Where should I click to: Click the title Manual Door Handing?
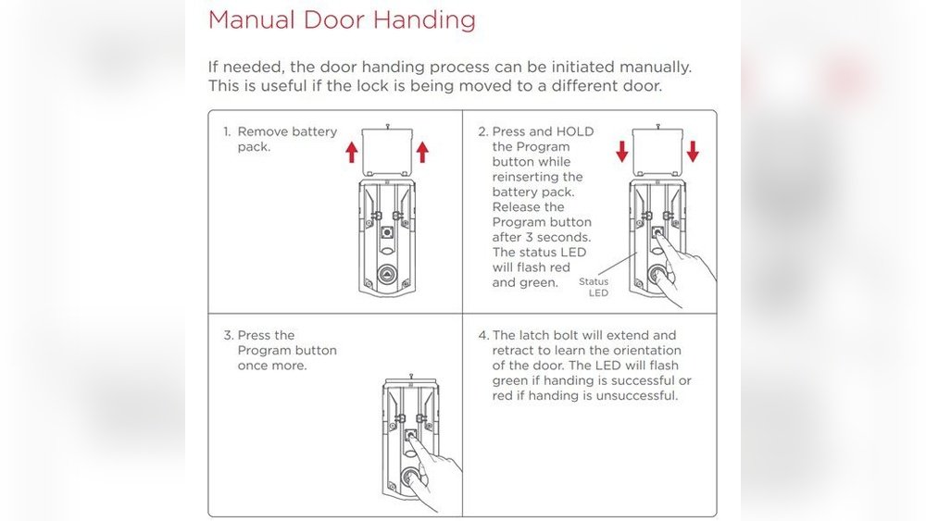click(342, 20)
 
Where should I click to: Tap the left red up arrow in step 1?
click(352, 152)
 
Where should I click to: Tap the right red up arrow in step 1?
click(423, 152)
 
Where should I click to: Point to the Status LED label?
click(594, 287)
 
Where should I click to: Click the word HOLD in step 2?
click(574, 131)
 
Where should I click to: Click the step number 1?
click(226, 132)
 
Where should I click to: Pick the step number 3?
click(227, 335)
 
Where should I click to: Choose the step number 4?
click(482, 335)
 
